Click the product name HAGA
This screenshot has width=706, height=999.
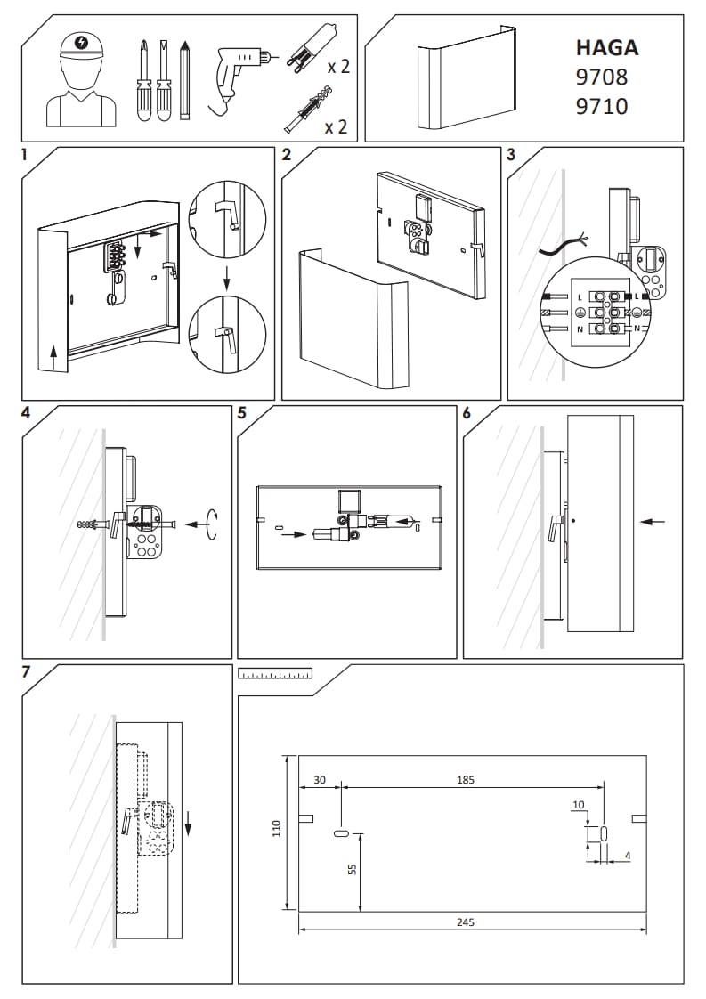tap(607, 47)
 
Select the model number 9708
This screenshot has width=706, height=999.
tap(602, 77)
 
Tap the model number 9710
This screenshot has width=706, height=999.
tap(602, 107)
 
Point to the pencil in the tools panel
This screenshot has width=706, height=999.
tap(185, 79)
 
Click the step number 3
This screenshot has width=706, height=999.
tap(511, 154)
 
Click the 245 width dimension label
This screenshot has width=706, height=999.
tap(465, 922)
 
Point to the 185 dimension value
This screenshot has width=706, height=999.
tap(466, 780)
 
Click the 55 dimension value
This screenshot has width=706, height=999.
tap(352, 871)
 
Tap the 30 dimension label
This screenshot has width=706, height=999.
tap(320, 780)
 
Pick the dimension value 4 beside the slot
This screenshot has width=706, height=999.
tap(628, 856)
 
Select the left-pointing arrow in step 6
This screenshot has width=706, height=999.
tap(653, 521)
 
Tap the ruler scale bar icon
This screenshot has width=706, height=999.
tap(276, 674)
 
